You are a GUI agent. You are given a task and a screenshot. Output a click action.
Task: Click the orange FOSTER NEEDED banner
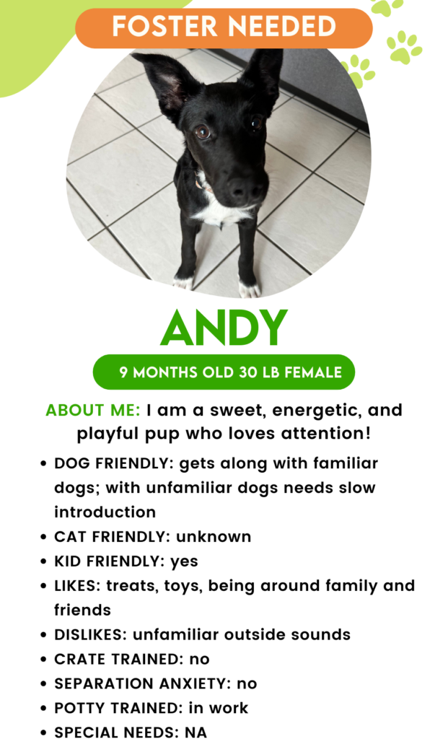click(x=224, y=27)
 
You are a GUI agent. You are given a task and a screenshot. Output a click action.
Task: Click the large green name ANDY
click(x=224, y=329)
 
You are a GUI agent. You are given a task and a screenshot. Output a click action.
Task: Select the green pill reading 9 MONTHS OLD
click(x=224, y=372)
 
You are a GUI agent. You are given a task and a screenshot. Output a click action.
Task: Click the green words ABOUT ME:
click(x=92, y=411)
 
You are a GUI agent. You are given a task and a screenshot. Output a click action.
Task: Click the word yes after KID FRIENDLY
click(x=184, y=561)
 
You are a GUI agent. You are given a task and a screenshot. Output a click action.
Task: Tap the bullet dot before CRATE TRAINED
click(x=44, y=659)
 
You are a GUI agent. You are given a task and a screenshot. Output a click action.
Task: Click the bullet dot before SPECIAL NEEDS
click(x=44, y=732)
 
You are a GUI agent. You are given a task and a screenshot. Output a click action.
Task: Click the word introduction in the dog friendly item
click(x=105, y=512)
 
